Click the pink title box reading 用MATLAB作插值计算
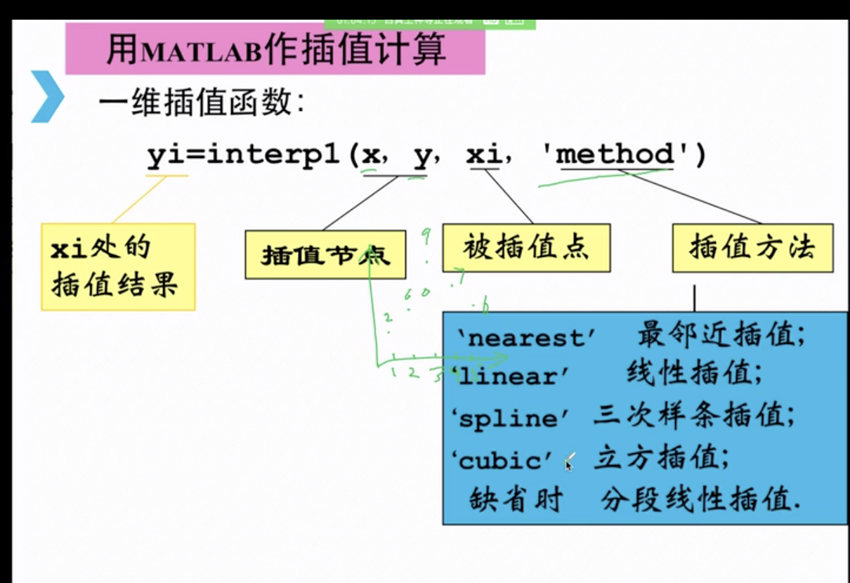point(275,48)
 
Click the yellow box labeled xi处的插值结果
point(117,266)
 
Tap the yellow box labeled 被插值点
point(525,247)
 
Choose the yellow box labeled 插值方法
point(752,247)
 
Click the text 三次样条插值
point(693,417)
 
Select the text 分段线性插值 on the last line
point(701,501)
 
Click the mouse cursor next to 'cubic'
point(569,462)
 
